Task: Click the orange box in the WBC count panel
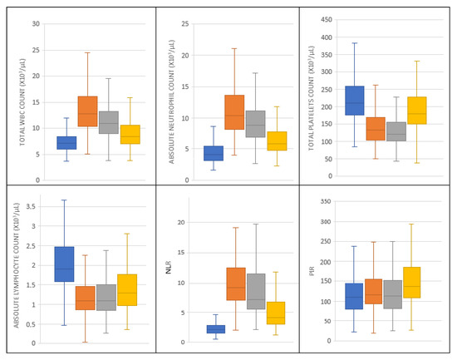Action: (x=111, y=111)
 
